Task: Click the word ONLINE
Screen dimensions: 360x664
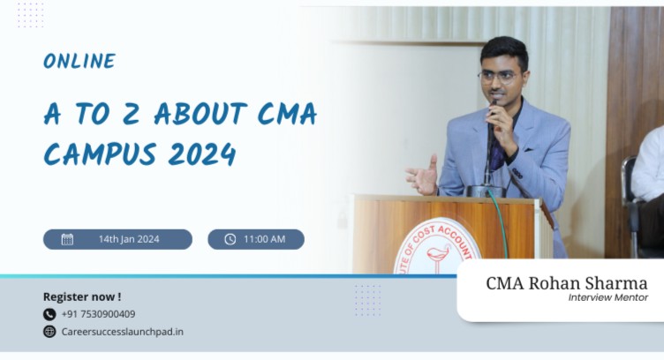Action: click(79, 61)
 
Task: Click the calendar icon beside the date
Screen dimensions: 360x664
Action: click(67, 239)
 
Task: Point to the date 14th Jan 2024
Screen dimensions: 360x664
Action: click(129, 239)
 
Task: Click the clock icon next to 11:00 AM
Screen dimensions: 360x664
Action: click(230, 239)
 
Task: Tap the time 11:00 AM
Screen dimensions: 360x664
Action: click(266, 239)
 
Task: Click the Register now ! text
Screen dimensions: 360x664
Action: click(82, 296)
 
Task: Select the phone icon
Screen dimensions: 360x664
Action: click(49, 314)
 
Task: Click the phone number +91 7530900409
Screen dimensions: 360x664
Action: click(98, 314)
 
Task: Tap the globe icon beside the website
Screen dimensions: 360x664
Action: click(49, 332)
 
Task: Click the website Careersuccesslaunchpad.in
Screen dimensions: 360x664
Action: click(122, 332)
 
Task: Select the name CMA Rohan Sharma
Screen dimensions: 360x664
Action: click(566, 283)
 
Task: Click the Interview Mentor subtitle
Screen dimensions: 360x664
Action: click(607, 298)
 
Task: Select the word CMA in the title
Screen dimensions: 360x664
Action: click(282, 115)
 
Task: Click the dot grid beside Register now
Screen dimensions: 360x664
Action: click(366, 300)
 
